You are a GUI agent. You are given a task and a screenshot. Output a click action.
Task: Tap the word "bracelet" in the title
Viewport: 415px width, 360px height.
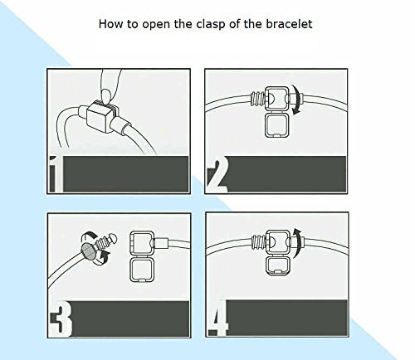(x=289, y=24)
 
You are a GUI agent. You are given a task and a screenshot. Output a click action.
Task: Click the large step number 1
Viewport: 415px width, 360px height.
(x=56, y=174)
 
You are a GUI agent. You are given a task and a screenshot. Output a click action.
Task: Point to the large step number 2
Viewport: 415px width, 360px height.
(x=217, y=175)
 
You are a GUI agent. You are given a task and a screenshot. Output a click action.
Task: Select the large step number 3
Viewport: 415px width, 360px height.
(x=61, y=319)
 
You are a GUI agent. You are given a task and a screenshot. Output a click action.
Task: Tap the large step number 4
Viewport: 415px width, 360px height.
(x=218, y=318)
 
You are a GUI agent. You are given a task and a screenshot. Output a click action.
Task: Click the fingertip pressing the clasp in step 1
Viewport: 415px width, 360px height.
(x=105, y=95)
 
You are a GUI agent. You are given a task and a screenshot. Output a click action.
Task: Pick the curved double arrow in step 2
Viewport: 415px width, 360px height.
(x=297, y=100)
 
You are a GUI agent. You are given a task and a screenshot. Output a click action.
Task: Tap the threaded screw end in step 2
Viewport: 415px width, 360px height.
(x=257, y=99)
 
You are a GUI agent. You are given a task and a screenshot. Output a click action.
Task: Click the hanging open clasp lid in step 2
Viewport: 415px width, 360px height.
(x=277, y=125)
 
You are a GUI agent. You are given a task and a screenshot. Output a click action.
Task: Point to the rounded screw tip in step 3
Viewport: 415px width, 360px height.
(x=113, y=238)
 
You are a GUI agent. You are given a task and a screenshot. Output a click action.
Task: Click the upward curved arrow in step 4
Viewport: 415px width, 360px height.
(x=297, y=243)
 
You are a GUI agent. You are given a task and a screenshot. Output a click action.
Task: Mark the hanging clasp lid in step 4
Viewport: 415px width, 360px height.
(x=278, y=266)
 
